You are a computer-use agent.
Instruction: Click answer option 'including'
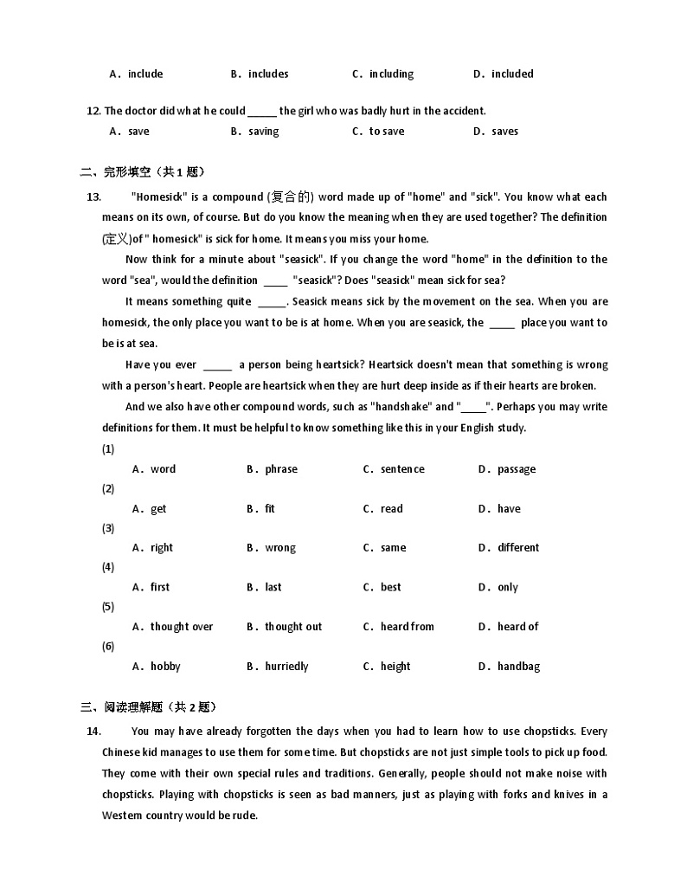point(391,74)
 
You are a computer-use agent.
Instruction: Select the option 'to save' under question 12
point(386,132)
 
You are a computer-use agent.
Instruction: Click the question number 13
point(94,197)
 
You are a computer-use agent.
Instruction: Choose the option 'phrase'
point(280,469)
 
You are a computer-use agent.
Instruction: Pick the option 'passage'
point(516,469)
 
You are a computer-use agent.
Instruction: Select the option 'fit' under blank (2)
point(269,509)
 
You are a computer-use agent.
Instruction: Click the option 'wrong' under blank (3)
point(279,548)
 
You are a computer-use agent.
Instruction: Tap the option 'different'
point(517,548)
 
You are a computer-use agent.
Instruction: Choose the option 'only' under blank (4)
point(507,588)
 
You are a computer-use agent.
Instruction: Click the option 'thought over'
point(181,627)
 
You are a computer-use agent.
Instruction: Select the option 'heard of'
point(517,627)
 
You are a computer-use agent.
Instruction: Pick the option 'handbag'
point(518,667)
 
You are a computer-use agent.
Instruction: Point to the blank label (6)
point(108,647)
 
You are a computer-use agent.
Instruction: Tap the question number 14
point(94,732)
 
